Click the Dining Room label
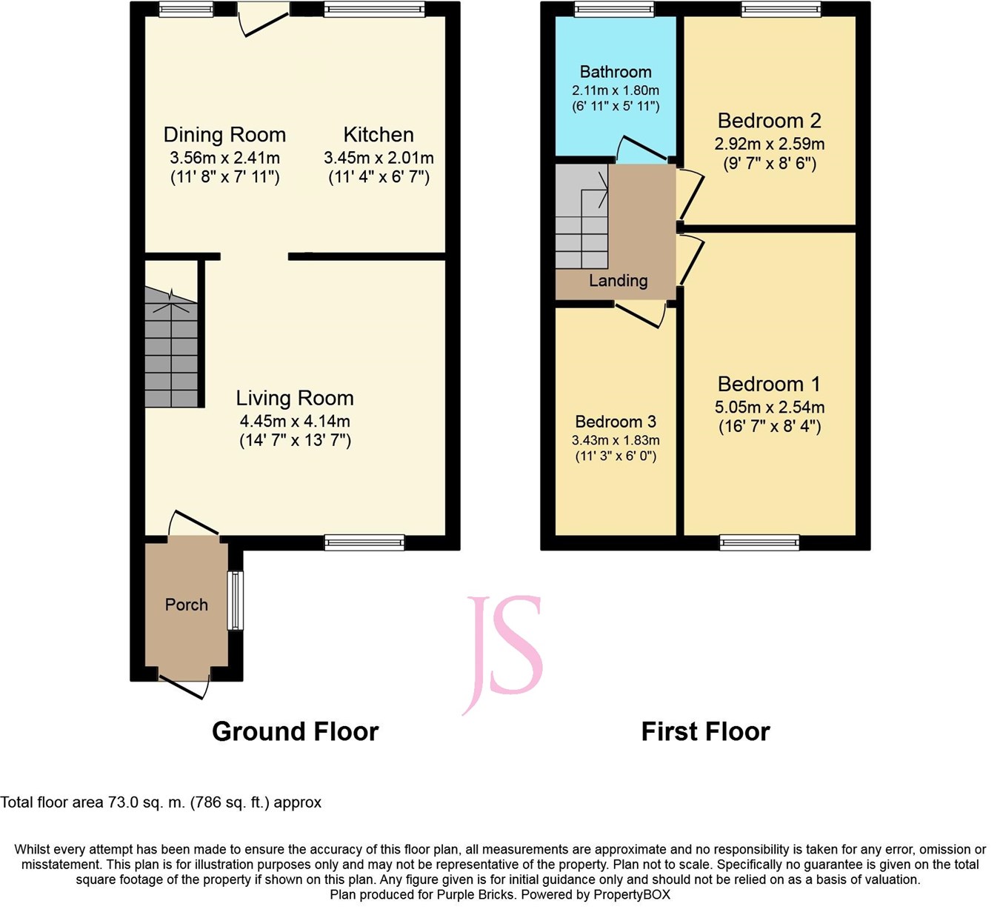[224, 135]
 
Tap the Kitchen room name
[379, 135]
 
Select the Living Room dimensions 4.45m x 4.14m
[295, 421]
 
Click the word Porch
[187, 605]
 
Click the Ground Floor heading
[295, 731]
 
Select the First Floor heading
[705, 731]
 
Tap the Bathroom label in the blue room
[616, 72]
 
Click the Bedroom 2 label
[769, 121]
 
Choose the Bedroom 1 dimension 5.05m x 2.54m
[769, 407]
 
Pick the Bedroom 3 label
[616, 422]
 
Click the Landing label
[618, 281]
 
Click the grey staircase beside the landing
[581, 216]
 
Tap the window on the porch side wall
[236, 599]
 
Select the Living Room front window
[364, 542]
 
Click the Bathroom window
[614, 9]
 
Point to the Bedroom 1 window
[759, 542]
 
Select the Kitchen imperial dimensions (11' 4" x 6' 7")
[379, 177]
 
